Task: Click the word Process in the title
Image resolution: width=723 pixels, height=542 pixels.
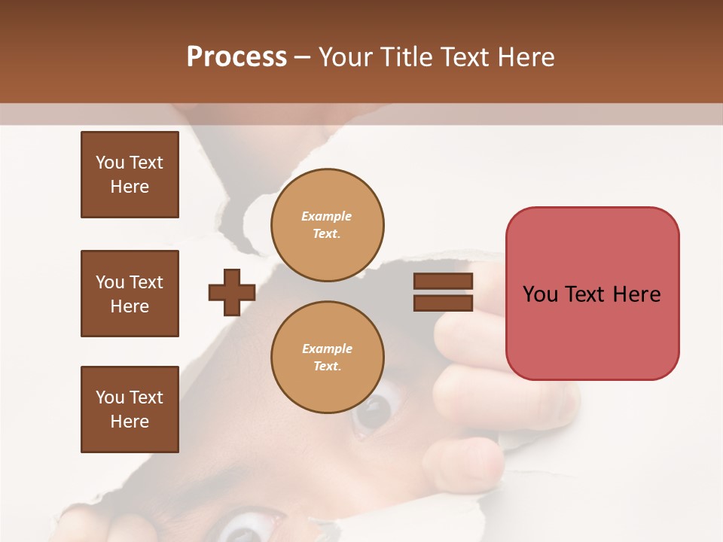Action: pos(236,57)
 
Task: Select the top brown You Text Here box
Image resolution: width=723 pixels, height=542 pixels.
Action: pos(130,175)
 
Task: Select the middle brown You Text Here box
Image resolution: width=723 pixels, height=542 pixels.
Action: pos(130,294)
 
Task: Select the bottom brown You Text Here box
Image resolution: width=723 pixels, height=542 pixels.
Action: pos(130,410)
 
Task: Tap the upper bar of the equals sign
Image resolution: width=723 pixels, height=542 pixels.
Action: pos(443,282)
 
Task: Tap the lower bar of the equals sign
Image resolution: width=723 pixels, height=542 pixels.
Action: pos(443,303)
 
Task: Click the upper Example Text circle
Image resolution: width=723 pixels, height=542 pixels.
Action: pos(328,225)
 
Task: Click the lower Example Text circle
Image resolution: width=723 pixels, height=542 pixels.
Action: pos(328,358)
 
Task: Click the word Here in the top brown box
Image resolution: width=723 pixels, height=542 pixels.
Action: pos(130,187)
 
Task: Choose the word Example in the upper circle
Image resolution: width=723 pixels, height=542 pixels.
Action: pos(327,216)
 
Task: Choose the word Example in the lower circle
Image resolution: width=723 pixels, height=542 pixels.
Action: pos(327,349)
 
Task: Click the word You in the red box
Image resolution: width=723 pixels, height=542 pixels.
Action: pos(540,294)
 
